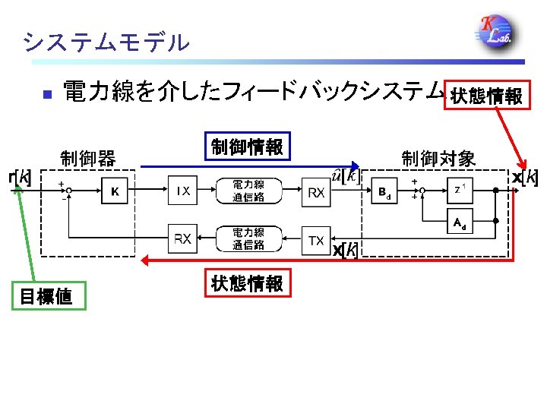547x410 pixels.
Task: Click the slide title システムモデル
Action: (x=106, y=43)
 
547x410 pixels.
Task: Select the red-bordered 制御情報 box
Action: (x=247, y=147)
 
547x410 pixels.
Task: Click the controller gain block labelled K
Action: (x=115, y=191)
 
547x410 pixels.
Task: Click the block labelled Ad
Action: (x=460, y=222)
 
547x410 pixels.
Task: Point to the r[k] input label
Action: (x=20, y=178)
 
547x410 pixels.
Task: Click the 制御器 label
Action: (x=87, y=159)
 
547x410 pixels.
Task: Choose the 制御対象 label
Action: (x=438, y=159)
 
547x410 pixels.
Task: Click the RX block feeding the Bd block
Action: (x=317, y=193)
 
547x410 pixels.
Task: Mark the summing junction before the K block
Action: (x=68, y=191)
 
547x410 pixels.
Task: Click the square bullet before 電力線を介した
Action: (x=46, y=95)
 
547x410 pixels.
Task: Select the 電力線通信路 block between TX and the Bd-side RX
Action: (x=248, y=191)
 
